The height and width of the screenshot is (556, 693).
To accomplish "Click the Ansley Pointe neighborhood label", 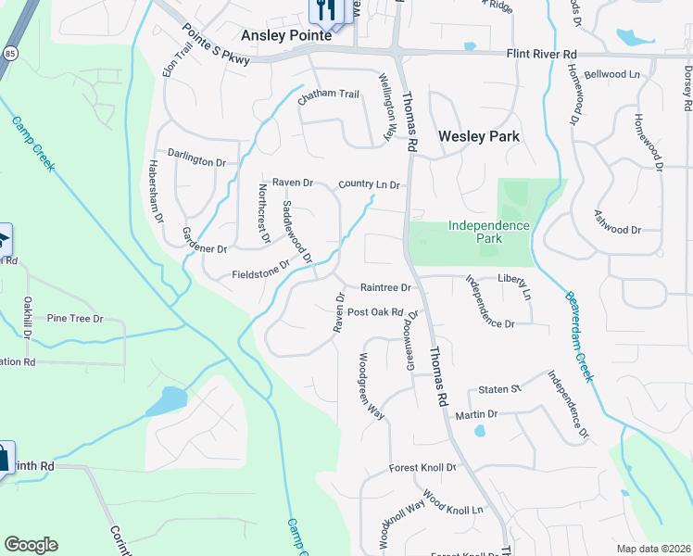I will pos(285,35).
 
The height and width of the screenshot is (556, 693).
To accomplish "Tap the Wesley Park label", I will pos(478,136).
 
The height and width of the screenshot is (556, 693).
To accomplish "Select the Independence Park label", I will pos(488,232).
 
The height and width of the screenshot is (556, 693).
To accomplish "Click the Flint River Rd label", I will pos(542,55).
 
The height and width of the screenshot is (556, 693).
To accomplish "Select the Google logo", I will pos(31,545).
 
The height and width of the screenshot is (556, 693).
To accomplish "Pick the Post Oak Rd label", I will pos(375,312).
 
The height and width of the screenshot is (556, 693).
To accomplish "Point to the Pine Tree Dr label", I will pos(74,319).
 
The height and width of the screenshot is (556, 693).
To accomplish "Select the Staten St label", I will pos(500,390).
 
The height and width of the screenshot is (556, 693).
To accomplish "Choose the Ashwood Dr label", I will pos(617,229).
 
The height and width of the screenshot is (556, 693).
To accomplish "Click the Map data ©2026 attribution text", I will pos(653,549).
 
